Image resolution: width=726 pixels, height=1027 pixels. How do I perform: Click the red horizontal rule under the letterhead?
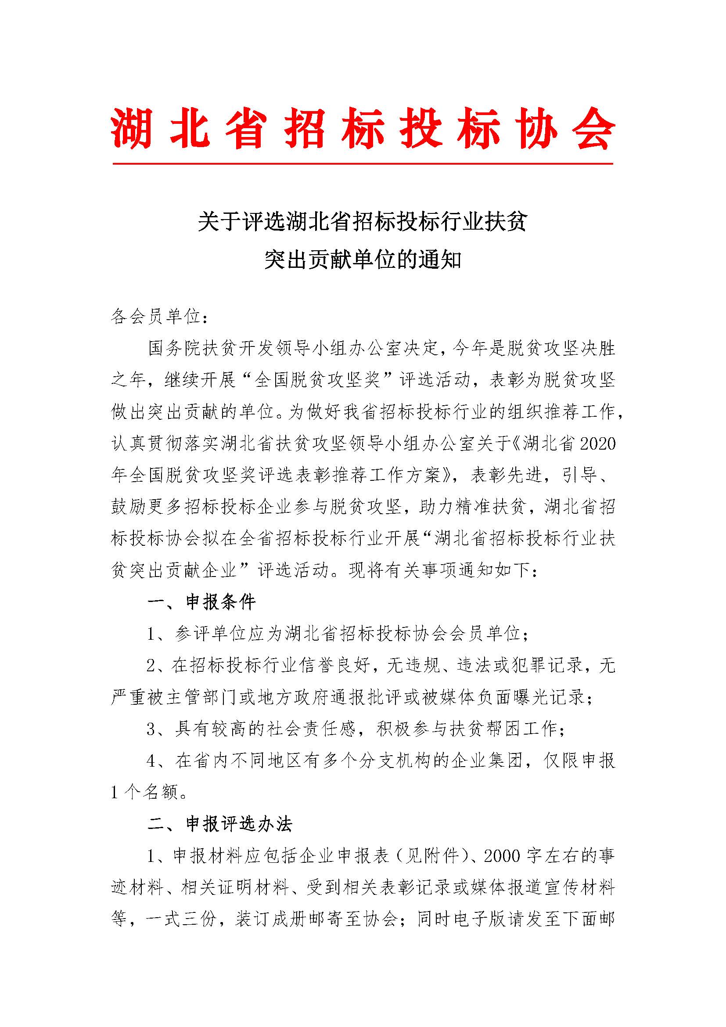[x=363, y=164]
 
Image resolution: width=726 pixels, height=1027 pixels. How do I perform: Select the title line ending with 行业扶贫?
[x=363, y=222]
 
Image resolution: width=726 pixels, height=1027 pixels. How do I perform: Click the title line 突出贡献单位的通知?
[x=363, y=259]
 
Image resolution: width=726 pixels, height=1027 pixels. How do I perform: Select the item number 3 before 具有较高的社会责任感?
[x=151, y=729]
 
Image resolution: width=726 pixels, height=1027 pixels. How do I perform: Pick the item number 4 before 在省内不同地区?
[x=151, y=761]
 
